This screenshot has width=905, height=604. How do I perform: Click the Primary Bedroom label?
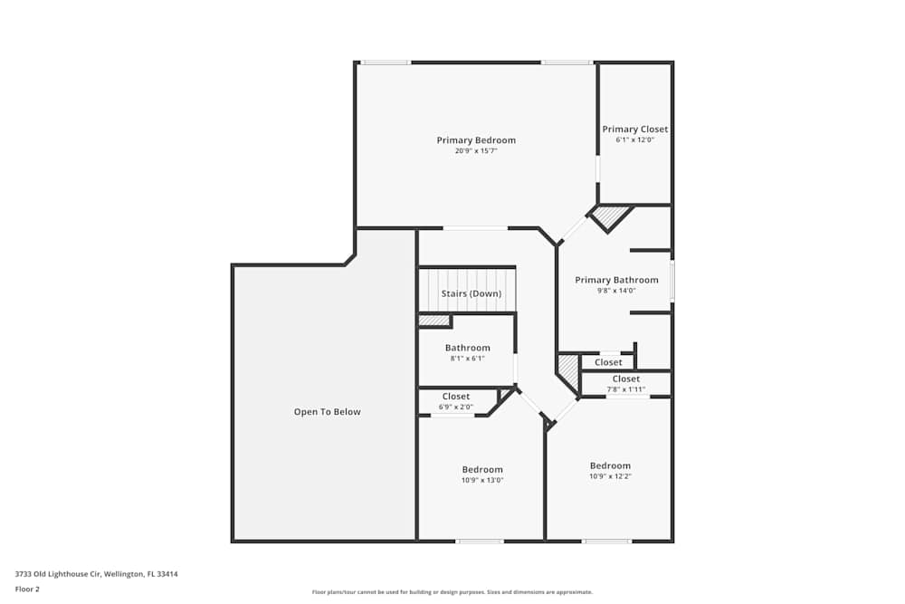(x=476, y=140)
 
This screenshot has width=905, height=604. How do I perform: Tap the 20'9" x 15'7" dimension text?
(x=476, y=151)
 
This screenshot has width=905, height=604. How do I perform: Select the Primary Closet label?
(x=635, y=129)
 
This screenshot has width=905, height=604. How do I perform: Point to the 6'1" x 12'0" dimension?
(x=635, y=140)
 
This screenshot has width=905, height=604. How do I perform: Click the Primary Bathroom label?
(x=616, y=280)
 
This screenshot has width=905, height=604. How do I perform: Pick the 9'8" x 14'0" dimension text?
(x=616, y=291)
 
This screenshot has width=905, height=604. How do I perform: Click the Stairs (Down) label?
(x=471, y=294)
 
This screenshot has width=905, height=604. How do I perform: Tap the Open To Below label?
(x=327, y=412)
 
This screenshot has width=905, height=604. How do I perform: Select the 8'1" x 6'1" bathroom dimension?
(x=467, y=359)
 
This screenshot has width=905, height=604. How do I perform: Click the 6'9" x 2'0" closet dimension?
(x=455, y=407)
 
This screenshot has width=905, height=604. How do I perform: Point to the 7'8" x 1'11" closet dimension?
(x=625, y=389)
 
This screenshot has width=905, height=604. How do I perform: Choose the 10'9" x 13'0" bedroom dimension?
(x=481, y=480)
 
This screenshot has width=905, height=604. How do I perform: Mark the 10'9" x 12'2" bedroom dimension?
(x=610, y=476)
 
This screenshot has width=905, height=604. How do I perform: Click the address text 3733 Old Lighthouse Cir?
(x=96, y=573)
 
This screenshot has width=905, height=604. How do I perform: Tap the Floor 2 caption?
(x=27, y=589)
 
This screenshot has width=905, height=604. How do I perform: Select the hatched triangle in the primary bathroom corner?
(x=609, y=216)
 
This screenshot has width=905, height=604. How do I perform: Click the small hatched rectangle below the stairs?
(x=433, y=321)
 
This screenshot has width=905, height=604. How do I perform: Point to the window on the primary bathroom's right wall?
(x=672, y=281)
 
